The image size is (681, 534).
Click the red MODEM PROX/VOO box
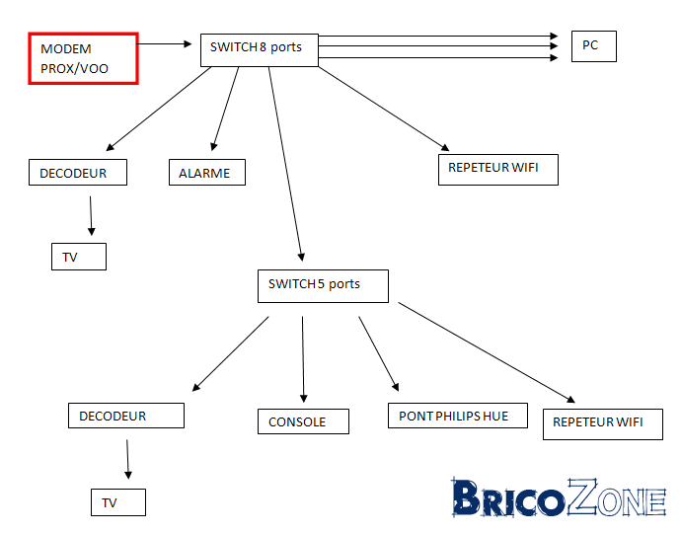point(83,58)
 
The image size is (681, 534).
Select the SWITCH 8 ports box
point(260,50)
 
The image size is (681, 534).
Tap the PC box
point(594,46)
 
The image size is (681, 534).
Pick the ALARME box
point(207,172)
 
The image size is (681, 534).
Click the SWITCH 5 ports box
point(323,286)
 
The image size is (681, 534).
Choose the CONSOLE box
point(303,421)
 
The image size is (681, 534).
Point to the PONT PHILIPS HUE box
point(458,416)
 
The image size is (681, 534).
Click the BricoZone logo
point(559,497)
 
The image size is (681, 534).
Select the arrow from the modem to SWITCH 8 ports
point(165,43)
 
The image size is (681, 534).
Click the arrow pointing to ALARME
point(225,109)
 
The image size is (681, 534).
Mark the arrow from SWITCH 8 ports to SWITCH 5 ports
point(286,164)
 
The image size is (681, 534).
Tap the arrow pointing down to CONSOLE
point(303,359)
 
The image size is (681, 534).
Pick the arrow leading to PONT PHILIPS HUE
point(379,353)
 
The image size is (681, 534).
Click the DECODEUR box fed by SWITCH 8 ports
point(78,172)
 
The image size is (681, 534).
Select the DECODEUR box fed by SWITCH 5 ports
point(126,416)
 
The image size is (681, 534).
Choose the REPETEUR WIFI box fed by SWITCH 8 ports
point(498,170)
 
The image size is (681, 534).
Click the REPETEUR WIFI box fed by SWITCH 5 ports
point(603,424)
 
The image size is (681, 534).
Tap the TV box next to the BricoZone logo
point(118,502)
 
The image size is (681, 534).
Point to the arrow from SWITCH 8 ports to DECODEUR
point(159,109)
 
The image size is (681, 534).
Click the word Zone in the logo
point(617,497)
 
